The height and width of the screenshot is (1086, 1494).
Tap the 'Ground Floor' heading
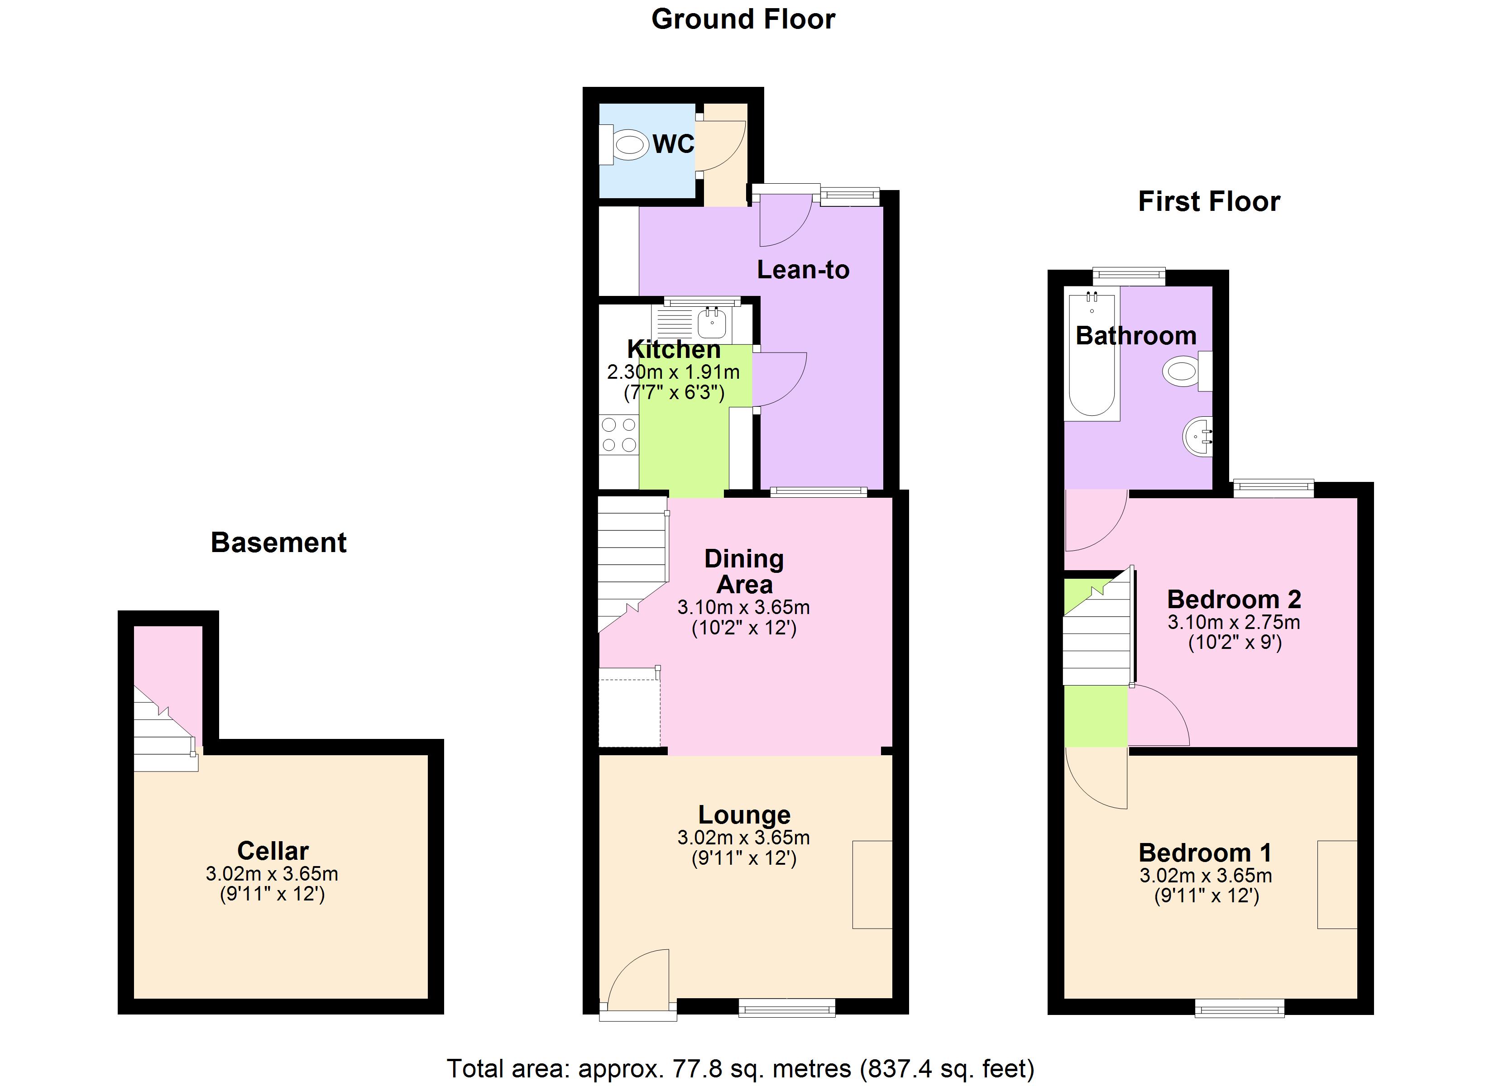point(743,19)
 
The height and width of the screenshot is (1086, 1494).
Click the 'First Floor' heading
point(1209,201)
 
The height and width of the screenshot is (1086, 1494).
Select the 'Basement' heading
point(278,543)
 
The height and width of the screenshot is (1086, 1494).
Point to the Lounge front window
point(786,1008)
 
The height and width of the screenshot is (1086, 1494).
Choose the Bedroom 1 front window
point(1239,1008)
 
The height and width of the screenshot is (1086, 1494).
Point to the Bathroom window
point(1128,276)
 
